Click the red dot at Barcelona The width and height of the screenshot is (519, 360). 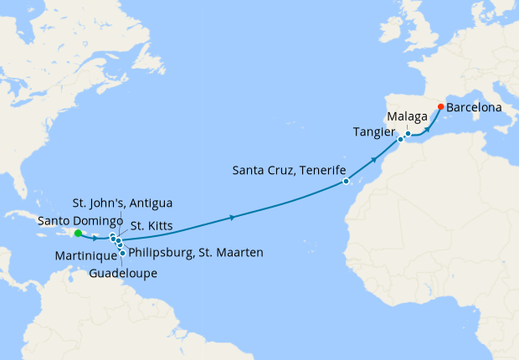(x=440, y=107)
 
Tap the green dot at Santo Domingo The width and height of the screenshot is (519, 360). (x=77, y=234)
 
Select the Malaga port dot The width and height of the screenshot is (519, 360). (x=408, y=134)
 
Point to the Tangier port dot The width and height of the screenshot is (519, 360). (x=400, y=140)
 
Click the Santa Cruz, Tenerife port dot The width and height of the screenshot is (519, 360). (x=346, y=181)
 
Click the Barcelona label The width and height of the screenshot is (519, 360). (x=474, y=108)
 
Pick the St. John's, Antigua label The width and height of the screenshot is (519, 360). (x=122, y=203)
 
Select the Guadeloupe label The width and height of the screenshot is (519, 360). (x=124, y=273)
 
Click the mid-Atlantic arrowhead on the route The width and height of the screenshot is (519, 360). (x=232, y=218)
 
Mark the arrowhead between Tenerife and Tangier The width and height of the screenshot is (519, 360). (x=373, y=159)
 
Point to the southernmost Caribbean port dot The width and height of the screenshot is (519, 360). (x=123, y=253)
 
